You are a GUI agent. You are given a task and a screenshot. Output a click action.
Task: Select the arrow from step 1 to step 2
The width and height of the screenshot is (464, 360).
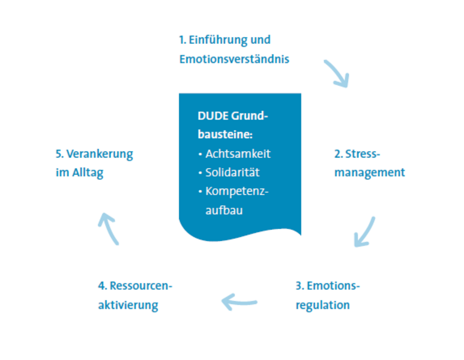337,73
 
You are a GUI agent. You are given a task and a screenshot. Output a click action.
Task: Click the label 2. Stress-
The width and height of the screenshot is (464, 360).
357,154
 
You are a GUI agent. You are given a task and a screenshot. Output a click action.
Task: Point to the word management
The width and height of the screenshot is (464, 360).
369,172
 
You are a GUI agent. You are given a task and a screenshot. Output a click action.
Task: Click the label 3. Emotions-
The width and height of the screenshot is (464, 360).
327,286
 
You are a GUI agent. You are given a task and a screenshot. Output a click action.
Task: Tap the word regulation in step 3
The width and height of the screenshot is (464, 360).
322,305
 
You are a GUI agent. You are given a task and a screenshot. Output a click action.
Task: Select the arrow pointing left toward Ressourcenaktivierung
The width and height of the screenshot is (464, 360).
239,301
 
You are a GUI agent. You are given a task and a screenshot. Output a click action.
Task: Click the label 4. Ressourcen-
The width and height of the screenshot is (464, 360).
135,286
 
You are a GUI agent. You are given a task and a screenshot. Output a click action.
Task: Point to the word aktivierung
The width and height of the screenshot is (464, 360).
128,305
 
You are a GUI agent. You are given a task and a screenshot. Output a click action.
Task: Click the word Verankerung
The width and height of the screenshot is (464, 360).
100,154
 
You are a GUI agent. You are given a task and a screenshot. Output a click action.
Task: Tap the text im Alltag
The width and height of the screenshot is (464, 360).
79,172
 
